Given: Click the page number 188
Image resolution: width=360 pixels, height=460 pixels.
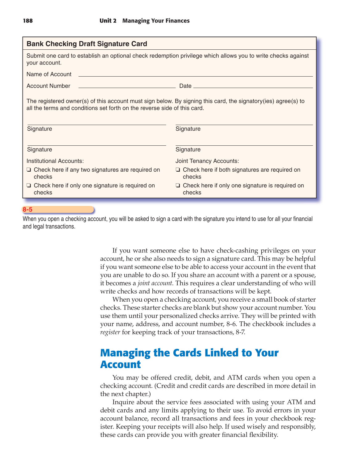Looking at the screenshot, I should pyautogui.click(x=28, y=21).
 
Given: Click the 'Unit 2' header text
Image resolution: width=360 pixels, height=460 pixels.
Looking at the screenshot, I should pyautogui.click(x=108, y=21).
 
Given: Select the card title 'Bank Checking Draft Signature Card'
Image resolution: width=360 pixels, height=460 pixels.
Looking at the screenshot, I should pyautogui.click(x=87, y=44).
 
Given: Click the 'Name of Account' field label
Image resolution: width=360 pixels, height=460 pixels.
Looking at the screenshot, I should pyautogui.click(x=49, y=74).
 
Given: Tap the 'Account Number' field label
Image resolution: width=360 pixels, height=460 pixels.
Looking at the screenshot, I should pyautogui.click(x=48, y=86).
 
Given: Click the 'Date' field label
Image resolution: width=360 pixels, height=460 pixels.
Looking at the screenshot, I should pyautogui.click(x=185, y=86).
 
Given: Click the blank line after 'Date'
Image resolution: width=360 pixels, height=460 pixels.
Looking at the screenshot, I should pyautogui.click(x=253, y=87).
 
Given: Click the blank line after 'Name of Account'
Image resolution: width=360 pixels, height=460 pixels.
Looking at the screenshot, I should pyautogui.click(x=196, y=76).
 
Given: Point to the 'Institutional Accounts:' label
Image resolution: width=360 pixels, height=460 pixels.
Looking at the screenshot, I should pyautogui.click(x=55, y=161).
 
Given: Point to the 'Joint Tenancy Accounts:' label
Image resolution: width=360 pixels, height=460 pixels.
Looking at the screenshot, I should pyautogui.click(x=207, y=161).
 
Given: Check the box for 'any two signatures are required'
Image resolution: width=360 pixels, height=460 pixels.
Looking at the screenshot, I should pyautogui.click(x=29, y=170).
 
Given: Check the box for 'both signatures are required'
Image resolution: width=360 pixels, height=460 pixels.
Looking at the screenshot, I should pyautogui.click(x=178, y=170).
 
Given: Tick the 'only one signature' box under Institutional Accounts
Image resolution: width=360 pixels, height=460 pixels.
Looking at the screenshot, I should pyautogui.click(x=29, y=186).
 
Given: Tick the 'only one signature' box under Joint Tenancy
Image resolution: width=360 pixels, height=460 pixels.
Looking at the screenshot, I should pyautogui.click(x=178, y=186).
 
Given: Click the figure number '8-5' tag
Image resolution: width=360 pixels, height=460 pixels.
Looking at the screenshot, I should pyautogui.click(x=27, y=210).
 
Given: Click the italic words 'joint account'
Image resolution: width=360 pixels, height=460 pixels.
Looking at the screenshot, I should pyautogui.click(x=155, y=283).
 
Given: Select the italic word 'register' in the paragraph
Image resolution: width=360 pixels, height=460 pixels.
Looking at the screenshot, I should pyautogui.click(x=110, y=332).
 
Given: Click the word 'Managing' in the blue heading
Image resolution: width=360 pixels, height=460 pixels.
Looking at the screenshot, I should pyautogui.click(x=125, y=353).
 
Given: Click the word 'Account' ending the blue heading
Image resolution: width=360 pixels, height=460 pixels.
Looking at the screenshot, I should pyautogui.click(x=120, y=365).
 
